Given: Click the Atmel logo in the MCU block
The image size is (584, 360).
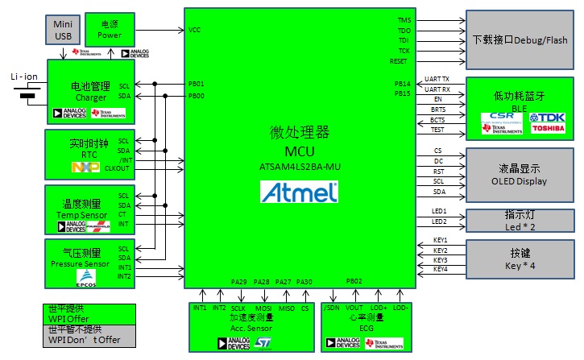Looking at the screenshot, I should click(299, 192).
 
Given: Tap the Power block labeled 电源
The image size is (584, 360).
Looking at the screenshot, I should click(110, 29).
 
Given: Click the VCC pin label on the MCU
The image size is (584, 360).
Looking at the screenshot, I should click(194, 30).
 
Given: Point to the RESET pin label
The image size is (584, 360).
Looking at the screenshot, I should click(399, 61).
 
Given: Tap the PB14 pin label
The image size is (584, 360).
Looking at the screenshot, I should click(402, 84).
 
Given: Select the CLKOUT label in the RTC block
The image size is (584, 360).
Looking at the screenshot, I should click(118, 168).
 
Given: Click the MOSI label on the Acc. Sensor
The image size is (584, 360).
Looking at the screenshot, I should click(263, 308).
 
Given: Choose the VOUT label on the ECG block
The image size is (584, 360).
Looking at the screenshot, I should click(354, 308).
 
